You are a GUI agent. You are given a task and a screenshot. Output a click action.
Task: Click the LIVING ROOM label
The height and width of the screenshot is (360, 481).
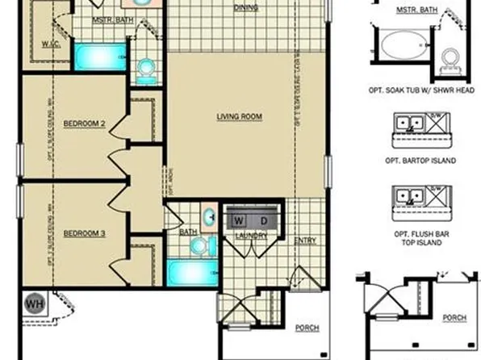[x=240, y=117]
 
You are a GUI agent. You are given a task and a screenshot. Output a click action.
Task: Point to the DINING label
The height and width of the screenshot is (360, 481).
[x=245, y=8]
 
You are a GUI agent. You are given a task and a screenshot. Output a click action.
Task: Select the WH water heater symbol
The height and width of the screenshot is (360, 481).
[x=34, y=303]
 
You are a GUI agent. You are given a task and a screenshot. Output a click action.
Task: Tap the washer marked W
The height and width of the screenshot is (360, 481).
[x=239, y=220]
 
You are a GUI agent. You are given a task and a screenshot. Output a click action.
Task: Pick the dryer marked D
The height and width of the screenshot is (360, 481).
[x=262, y=220]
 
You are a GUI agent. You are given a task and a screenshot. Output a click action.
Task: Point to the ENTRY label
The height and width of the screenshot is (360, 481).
[x=305, y=240]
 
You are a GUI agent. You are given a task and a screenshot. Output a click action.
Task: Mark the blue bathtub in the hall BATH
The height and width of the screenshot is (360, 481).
[x=190, y=270]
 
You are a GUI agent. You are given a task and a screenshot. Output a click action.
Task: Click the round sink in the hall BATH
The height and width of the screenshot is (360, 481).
[x=209, y=216]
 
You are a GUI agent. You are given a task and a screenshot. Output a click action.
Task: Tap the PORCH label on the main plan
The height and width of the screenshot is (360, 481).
[x=307, y=329]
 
